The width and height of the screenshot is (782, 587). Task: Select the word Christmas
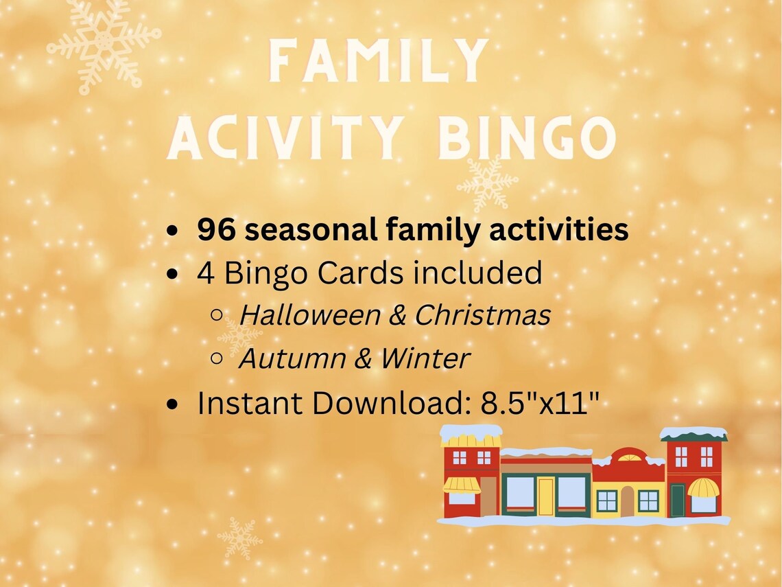coord(482,315)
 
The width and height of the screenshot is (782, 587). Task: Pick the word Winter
coord(425,358)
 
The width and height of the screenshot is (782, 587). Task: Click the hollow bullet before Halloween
coord(217,315)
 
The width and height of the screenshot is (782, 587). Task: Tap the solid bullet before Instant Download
coord(175,404)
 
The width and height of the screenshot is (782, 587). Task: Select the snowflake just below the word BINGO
coord(487,182)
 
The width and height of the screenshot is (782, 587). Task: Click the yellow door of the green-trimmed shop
coord(545,496)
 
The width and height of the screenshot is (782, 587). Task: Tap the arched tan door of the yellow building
coord(627,501)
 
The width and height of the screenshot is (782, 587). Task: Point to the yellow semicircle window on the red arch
coord(629,457)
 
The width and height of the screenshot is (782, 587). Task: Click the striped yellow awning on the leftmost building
coord(461,485)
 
